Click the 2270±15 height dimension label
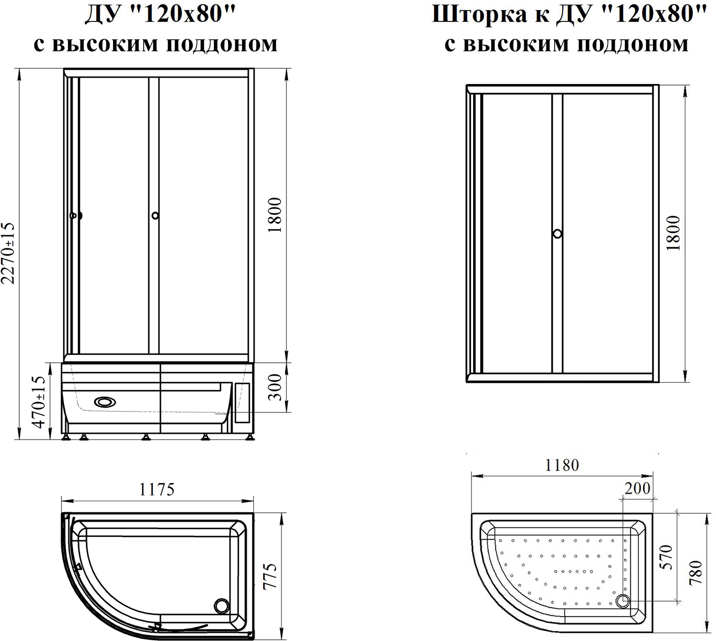(9, 253)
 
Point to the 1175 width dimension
(157, 489)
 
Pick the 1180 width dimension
(562, 465)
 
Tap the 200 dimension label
(637, 489)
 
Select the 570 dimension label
(666, 557)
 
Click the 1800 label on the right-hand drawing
(674, 233)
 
